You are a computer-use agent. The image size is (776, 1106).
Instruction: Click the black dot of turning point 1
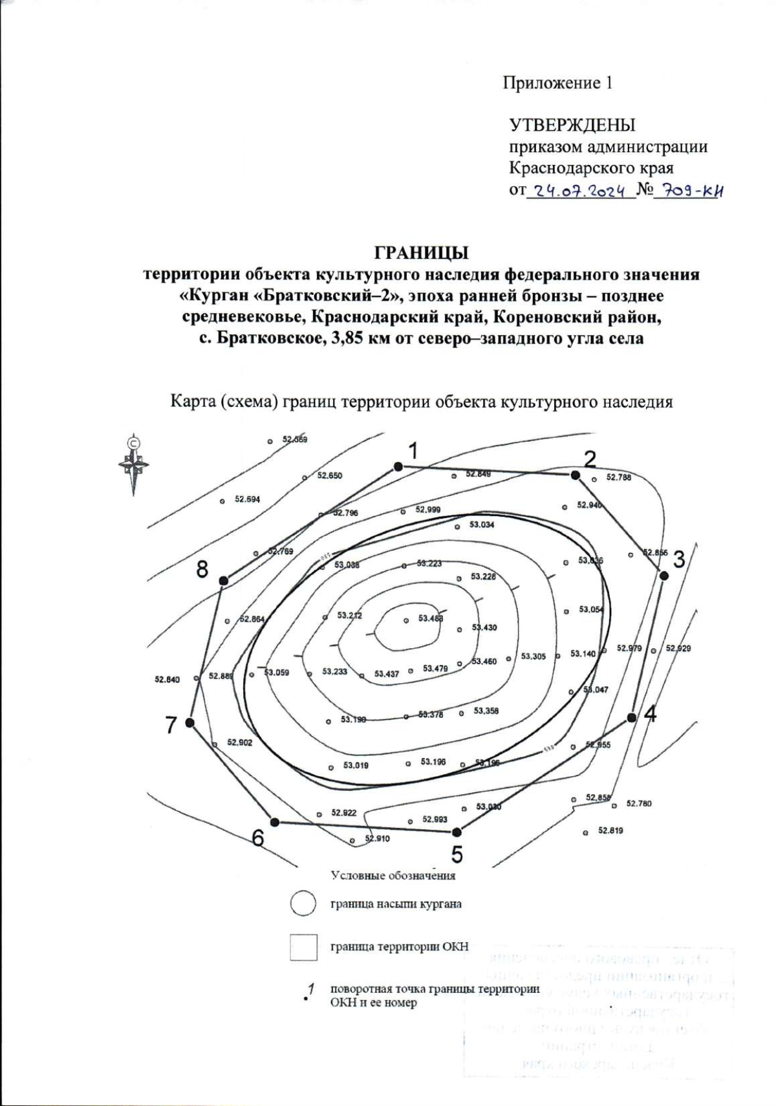[x=398, y=466]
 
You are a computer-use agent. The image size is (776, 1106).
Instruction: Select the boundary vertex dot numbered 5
[x=457, y=832]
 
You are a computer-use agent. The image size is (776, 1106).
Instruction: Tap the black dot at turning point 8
[x=224, y=581]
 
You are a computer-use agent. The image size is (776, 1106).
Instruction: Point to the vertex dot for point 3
[x=663, y=575]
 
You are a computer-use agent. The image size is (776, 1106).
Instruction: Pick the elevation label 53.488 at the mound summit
[x=431, y=618]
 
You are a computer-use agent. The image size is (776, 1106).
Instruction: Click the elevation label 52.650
[x=329, y=476]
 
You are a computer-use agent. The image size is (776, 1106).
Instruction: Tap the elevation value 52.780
[x=639, y=804]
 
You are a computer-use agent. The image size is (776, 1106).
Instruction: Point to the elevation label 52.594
[x=247, y=499]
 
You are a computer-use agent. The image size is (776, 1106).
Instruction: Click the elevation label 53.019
[x=356, y=766]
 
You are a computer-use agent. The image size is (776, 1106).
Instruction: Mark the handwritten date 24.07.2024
[x=579, y=191]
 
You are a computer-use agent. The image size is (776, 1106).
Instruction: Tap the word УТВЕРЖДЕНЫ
[x=572, y=125]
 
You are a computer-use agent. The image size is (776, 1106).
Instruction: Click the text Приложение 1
[x=557, y=83]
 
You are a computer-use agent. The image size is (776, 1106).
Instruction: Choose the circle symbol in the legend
[x=303, y=904]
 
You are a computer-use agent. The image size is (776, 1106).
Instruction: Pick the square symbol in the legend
[x=303, y=948]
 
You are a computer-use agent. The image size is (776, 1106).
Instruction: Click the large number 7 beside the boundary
[x=171, y=726]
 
